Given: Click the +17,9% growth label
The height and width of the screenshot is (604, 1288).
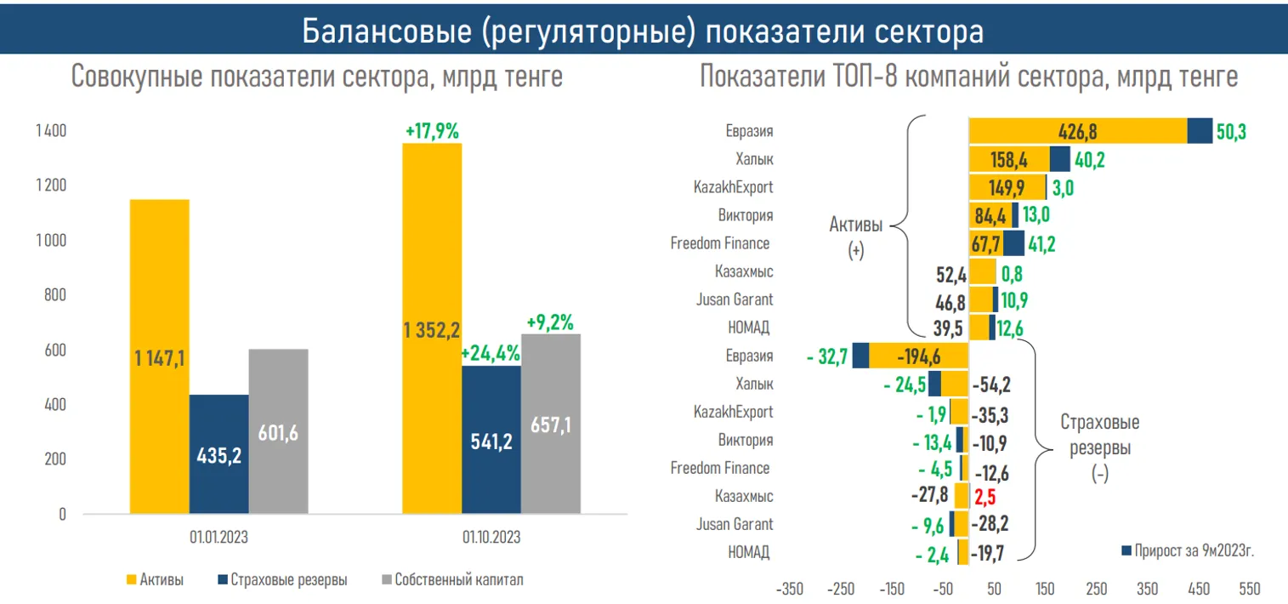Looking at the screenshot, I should point(432,132).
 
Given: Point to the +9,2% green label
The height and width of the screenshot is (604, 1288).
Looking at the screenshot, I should point(550,322).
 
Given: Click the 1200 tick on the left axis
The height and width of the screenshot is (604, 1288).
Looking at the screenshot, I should point(50,186).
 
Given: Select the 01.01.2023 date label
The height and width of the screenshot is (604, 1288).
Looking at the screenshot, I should point(218,538).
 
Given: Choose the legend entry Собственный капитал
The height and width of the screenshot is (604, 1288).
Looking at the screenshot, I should point(459,580).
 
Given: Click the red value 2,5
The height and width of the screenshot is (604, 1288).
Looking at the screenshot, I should point(984,496).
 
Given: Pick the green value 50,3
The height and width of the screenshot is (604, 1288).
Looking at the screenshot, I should point(1231,132).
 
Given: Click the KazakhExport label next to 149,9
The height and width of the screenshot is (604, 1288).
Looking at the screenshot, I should point(734,187).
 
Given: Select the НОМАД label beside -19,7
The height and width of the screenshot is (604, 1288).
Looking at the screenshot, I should point(749,553).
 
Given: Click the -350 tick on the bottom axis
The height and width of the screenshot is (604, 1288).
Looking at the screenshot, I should point(789,589).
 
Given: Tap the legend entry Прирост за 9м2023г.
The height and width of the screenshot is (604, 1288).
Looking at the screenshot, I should point(1194,550).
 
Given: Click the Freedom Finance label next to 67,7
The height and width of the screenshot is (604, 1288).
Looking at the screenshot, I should point(720,243).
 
